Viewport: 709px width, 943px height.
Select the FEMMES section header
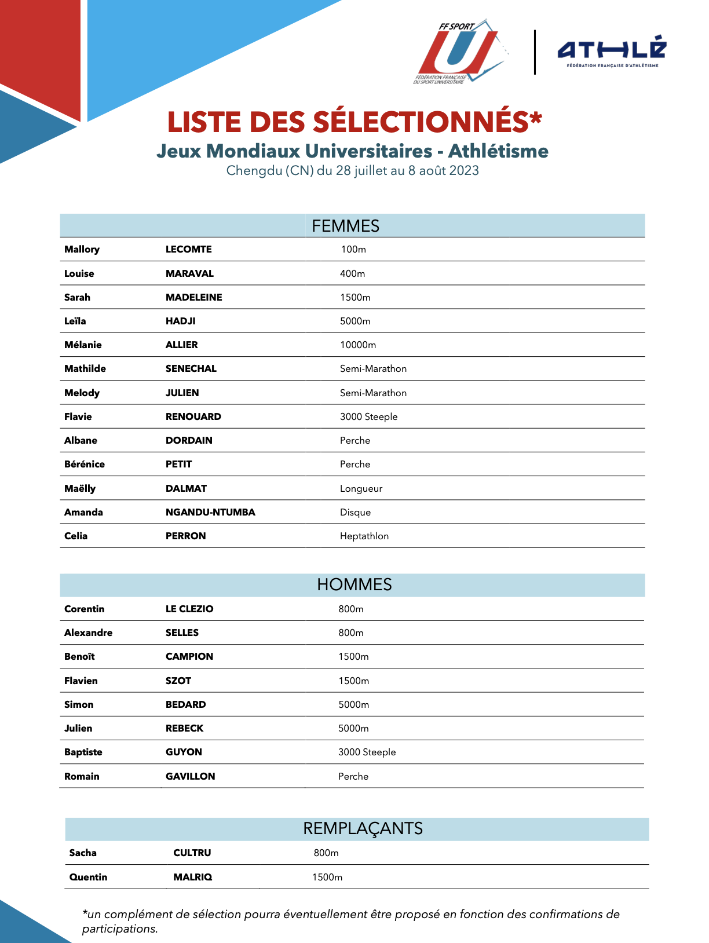point(346,226)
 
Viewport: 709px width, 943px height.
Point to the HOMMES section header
point(354,584)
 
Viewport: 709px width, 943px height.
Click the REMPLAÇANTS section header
point(363,828)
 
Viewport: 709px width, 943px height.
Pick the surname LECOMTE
point(188,250)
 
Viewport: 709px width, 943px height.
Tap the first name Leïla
point(75,321)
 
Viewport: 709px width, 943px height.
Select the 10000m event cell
point(358,345)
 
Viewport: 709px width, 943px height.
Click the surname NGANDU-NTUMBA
point(210,512)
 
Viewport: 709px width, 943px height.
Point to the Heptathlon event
point(364,536)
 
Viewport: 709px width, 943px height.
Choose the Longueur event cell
point(361,488)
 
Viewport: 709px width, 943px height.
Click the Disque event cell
point(355,512)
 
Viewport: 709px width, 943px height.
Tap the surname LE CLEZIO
point(189,609)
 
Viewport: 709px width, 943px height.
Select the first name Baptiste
point(83,752)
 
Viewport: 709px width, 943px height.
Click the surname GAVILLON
point(190,776)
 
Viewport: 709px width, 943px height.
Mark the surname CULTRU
point(192,853)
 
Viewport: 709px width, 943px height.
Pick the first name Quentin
point(88,877)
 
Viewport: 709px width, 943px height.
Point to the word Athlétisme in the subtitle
point(498,151)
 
